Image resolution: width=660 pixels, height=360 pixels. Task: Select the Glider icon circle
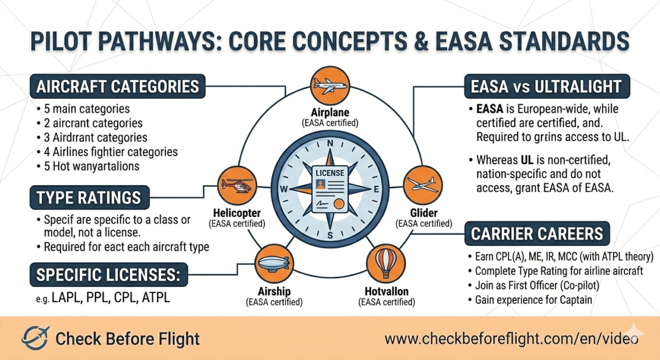[x=422, y=185]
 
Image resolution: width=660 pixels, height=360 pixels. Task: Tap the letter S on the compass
[x=330, y=235]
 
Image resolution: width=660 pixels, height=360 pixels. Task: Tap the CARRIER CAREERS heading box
[x=537, y=234]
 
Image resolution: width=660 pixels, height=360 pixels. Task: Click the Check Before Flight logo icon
[x=36, y=337]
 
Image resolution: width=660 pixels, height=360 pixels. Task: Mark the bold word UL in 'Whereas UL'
[x=527, y=160]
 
